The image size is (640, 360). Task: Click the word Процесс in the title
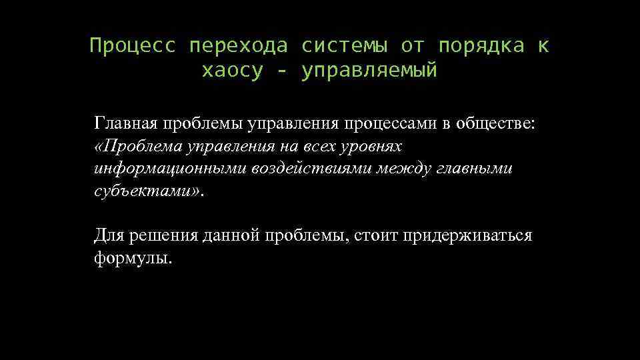click(133, 46)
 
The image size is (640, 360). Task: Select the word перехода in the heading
click(239, 46)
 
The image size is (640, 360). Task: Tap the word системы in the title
click(343, 46)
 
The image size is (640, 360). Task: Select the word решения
click(161, 236)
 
